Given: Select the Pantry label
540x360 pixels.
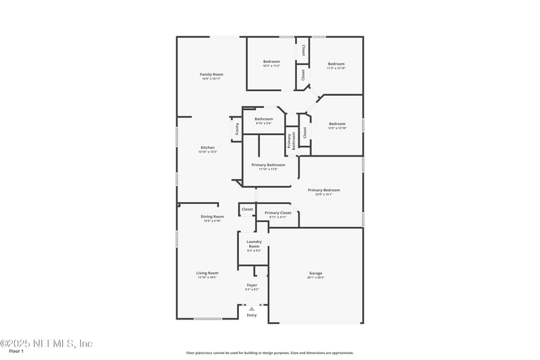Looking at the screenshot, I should click(x=237, y=128).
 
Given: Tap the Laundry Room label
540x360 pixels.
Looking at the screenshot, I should click(x=254, y=244).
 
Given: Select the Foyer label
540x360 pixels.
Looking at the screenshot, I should click(x=252, y=286).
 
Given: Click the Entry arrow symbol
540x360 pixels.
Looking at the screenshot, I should click(x=252, y=308).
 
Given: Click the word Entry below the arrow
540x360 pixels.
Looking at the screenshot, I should click(x=252, y=315).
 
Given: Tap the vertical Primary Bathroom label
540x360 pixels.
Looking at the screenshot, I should click(x=292, y=140).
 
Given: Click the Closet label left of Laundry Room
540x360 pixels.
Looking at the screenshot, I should click(x=248, y=209).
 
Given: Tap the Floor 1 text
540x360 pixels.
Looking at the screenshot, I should click(x=16, y=351).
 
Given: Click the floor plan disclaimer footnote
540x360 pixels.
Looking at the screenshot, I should click(x=270, y=353).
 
